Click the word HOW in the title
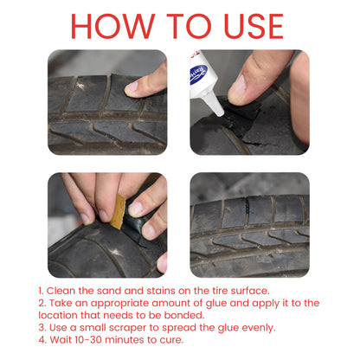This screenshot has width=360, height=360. (x=112, y=25)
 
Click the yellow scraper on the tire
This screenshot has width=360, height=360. (x=119, y=211)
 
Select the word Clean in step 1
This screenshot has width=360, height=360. (x=65, y=291)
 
